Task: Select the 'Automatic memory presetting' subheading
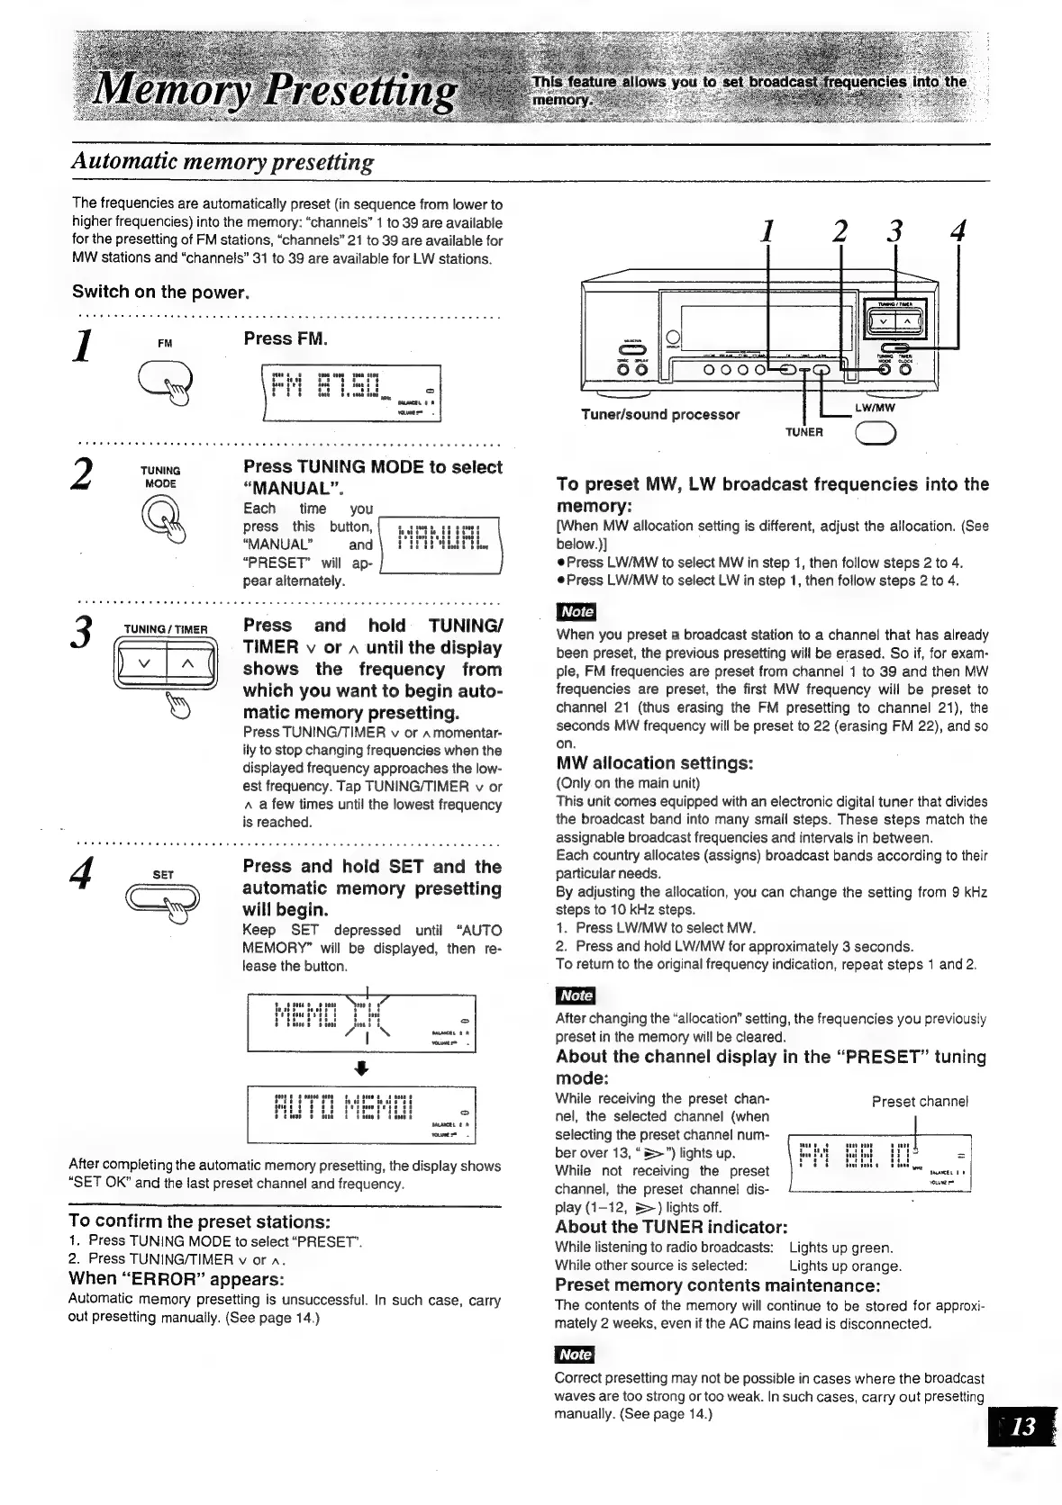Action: (x=222, y=163)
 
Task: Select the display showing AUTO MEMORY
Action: (x=360, y=1114)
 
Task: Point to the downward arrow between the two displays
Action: (x=361, y=1068)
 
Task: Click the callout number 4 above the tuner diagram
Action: (x=958, y=231)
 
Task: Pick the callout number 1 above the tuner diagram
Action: (x=767, y=231)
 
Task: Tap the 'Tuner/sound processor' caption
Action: (x=659, y=415)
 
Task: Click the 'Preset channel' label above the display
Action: (x=919, y=1101)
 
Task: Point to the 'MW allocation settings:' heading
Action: (x=654, y=763)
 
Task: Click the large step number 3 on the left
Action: (x=83, y=631)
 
